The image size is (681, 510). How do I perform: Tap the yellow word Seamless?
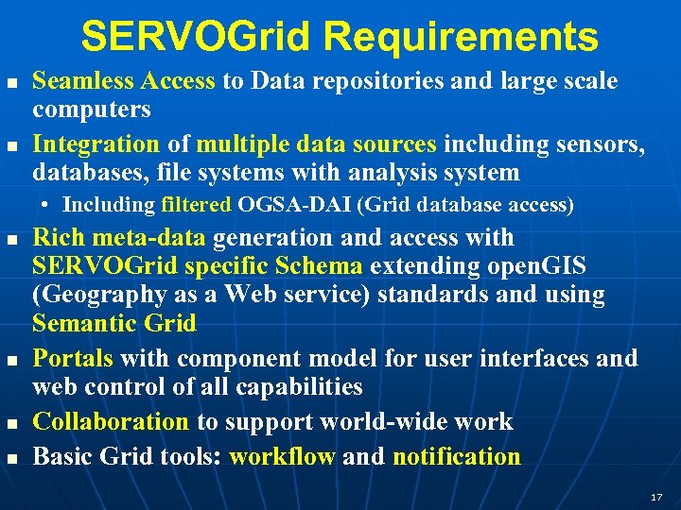80,81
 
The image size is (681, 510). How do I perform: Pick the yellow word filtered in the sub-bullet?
196,204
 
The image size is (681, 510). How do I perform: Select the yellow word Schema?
321,266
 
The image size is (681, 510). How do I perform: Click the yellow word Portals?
73,359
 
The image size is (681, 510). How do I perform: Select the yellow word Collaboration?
111,421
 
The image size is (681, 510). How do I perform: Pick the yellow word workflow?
282,457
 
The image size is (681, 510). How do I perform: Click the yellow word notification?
456,457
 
